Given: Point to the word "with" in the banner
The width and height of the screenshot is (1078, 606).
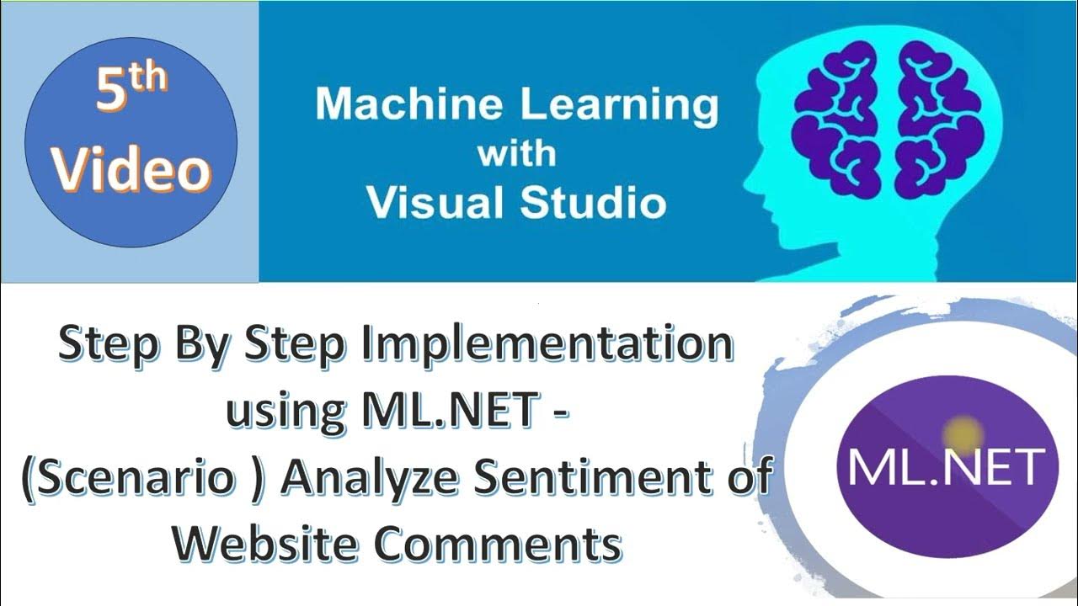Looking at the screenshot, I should (516, 154).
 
